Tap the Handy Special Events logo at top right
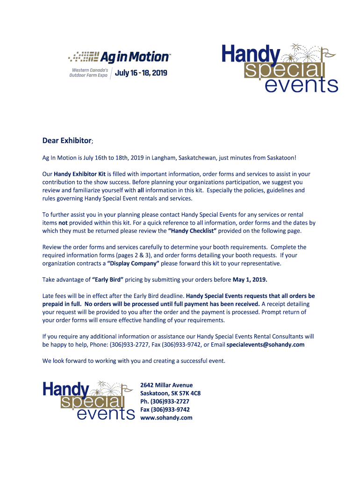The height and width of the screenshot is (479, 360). point(279,68)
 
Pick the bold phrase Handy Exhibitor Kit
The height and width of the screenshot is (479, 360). point(79,174)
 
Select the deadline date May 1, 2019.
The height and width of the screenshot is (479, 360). point(250,280)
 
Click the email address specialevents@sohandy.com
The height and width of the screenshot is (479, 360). point(266,345)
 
